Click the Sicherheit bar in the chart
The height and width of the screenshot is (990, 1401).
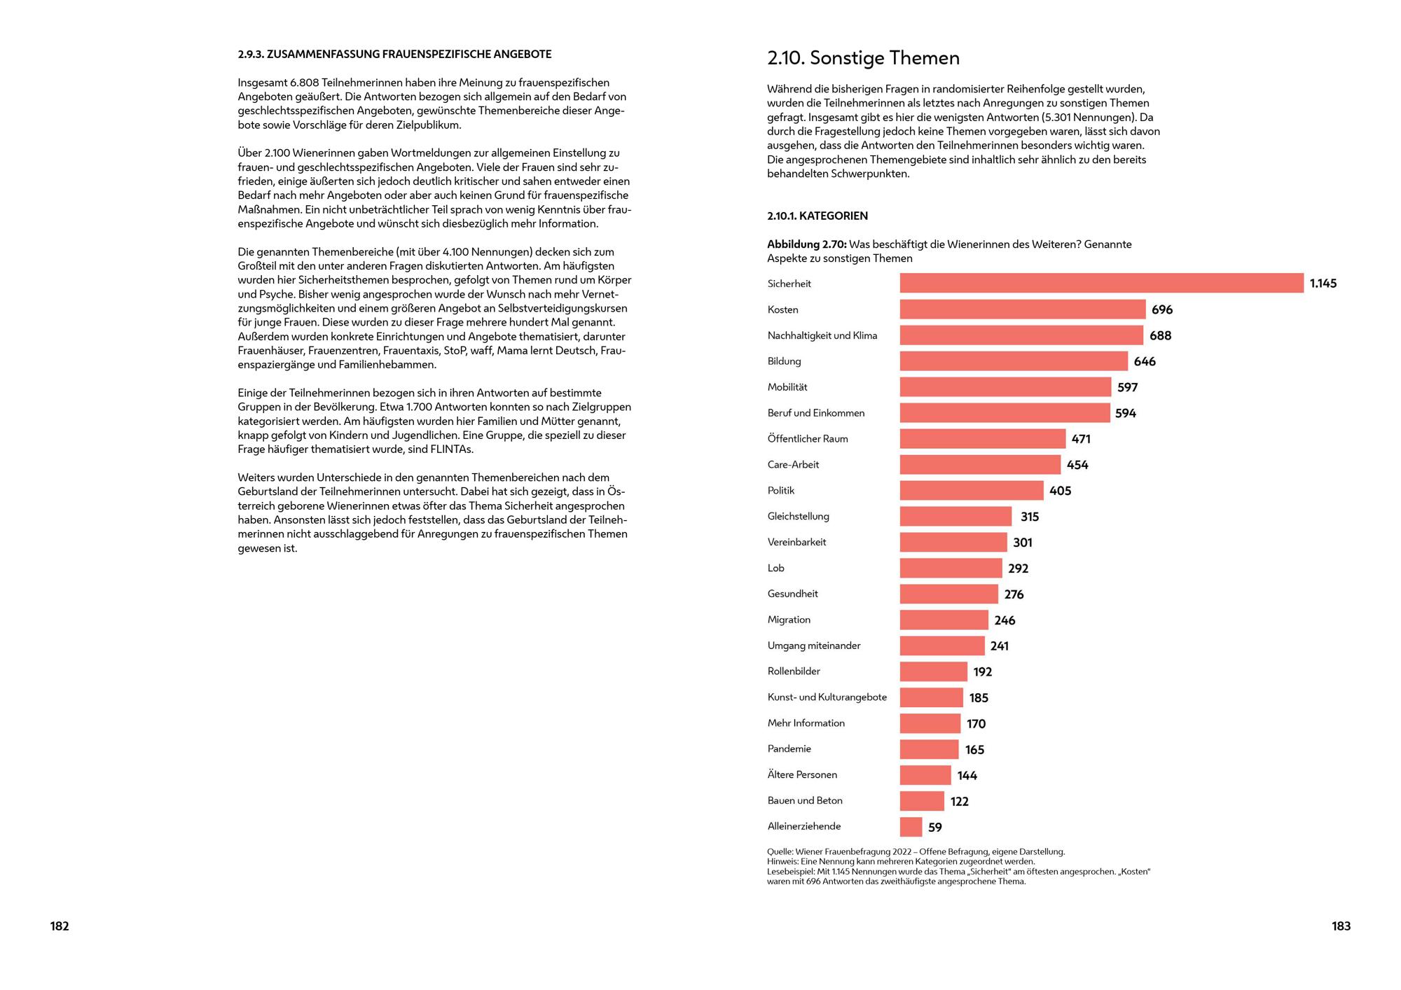(x=1101, y=283)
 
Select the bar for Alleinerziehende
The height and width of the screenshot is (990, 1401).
(x=911, y=827)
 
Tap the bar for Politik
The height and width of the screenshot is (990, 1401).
(x=972, y=490)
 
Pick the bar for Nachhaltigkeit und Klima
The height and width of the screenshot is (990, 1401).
(x=1021, y=335)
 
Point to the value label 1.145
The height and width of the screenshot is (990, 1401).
(x=1323, y=284)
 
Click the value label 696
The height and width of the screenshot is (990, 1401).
(x=1162, y=309)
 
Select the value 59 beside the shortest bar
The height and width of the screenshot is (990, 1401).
(x=935, y=828)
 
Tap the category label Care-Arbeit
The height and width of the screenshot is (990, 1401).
(x=793, y=464)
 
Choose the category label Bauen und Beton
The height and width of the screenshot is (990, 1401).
(x=805, y=800)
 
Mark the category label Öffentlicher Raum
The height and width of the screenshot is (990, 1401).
(x=808, y=438)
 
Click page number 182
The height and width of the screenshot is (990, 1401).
(x=60, y=926)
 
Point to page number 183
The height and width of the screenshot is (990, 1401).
(x=1341, y=926)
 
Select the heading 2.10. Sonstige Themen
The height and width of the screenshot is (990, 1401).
(x=863, y=58)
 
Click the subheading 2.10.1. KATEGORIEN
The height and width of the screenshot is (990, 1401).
(x=817, y=216)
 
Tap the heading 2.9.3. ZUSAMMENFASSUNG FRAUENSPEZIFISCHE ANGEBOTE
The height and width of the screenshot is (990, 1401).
(x=394, y=54)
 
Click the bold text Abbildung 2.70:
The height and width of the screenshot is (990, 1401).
(x=807, y=244)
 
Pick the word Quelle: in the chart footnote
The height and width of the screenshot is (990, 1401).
(x=780, y=852)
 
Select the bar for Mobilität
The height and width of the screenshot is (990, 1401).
(x=1005, y=386)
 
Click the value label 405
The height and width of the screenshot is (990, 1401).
(x=1061, y=491)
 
